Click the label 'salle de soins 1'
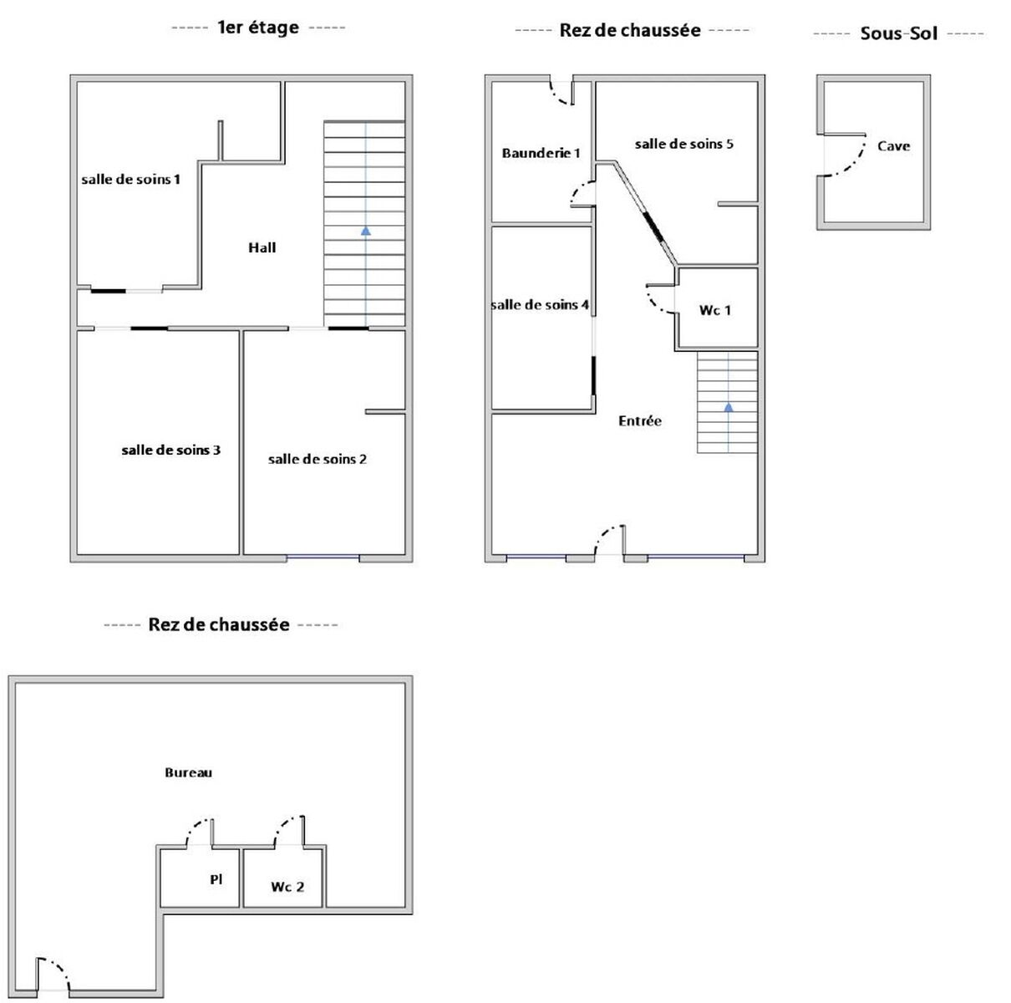point(130,180)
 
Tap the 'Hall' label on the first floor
point(262,247)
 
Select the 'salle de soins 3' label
point(170,450)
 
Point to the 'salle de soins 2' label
point(317,459)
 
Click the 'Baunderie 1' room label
point(541,153)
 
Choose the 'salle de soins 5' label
point(683,144)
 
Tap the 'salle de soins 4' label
point(540,305)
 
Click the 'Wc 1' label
point(714,310)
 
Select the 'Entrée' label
point(639,420)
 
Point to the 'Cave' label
point(893,146)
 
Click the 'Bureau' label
point(188,772)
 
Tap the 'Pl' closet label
point(216,878)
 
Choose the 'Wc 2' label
point(287,887)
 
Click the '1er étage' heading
point(258,28)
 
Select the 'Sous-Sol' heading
point(899,33)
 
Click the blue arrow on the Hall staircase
point(366,231)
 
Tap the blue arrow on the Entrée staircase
point(729,407)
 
